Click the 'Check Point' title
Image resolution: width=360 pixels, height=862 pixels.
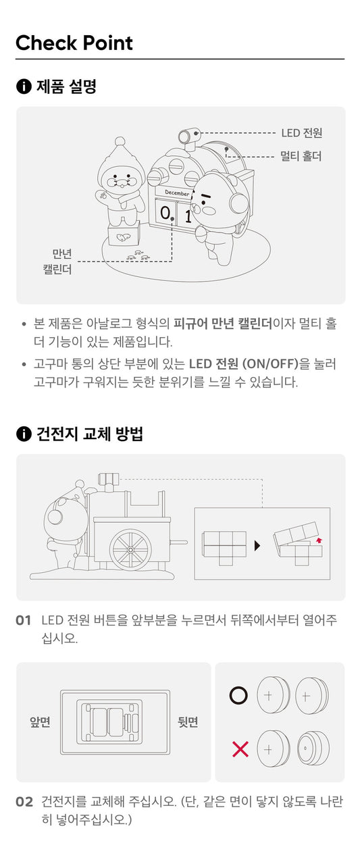[74, 43]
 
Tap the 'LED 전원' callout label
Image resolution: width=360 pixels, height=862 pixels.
[301, 133]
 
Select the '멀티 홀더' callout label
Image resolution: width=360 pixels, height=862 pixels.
[301, 156]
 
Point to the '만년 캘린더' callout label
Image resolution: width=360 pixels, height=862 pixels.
[57, 261]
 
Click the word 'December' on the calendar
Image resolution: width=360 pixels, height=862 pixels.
[177, 193]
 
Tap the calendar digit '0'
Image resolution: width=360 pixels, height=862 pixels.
[165, 212]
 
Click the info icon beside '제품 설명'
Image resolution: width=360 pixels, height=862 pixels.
[24, 86]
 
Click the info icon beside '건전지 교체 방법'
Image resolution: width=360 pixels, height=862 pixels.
[24, 434]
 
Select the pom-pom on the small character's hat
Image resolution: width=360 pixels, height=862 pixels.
[120, 142]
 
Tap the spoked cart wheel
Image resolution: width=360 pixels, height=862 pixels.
[130, 550]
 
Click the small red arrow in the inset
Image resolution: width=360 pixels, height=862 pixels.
[319, 540]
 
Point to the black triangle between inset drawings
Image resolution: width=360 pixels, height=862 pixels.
[257, 546]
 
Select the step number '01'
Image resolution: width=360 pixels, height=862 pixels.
[23, 621]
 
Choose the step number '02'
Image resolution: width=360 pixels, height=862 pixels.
[24, 802]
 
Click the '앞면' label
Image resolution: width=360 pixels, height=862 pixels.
[40, 722]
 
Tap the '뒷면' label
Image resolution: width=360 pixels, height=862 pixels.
[188, 722]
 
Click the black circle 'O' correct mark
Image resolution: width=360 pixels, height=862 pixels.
[239, 695]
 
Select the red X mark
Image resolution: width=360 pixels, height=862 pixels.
[240, 749]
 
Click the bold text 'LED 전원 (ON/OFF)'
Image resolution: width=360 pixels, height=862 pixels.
[244, 363]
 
